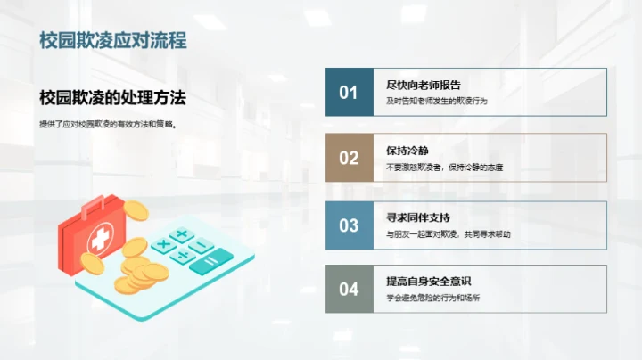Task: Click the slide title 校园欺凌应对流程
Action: (x=112, y=42)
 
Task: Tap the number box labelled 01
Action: (x=349, y=92)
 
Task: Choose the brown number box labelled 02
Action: (x=349, y=158)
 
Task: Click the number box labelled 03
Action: (x=349, y=225)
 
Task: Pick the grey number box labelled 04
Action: (x=349, y=289)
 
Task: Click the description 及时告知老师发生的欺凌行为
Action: (x=437, y=102)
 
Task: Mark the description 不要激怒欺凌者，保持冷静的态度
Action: (x=444, y=168)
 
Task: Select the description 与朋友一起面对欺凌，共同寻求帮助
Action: (x=448, y=234)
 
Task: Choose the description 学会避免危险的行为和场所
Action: (x=433, y=299)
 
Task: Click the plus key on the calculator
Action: (x=182, y=234)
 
